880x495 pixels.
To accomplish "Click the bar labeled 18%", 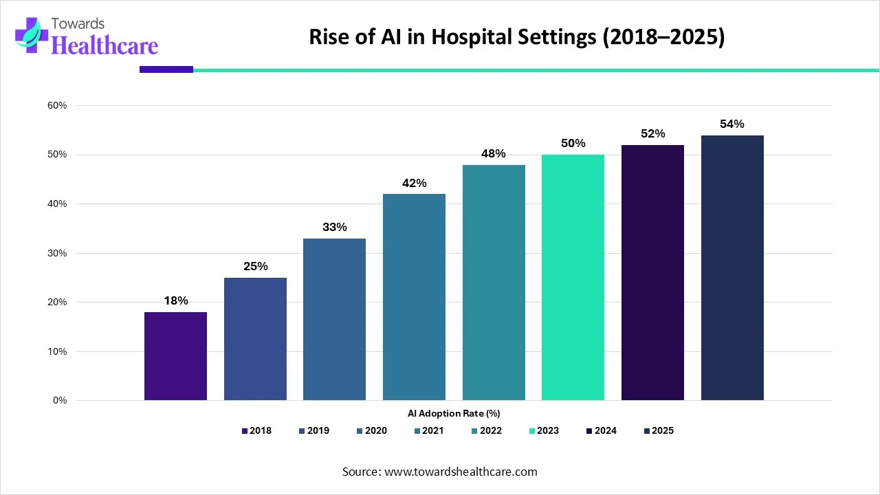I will point(175,356).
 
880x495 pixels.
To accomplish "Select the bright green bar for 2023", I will point(573,278).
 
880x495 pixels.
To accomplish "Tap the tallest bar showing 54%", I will point(732,268).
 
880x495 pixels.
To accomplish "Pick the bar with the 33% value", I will point(334,319).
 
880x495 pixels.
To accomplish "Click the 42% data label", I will point(414,183).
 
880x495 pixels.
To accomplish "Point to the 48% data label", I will point(494,153).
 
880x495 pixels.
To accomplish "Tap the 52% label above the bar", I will point(652,133).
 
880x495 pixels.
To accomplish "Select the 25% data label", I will point(255,266).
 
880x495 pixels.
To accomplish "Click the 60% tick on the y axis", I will point(57,105).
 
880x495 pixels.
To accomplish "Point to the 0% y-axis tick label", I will point(60,400).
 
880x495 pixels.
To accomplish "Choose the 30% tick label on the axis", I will point(57,253).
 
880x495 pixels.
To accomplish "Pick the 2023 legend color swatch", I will point(531,431).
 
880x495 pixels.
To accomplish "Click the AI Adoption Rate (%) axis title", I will point(453,414).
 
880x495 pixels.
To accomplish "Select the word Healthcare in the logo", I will point(104,45).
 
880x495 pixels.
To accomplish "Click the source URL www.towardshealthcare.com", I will point(459,472).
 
